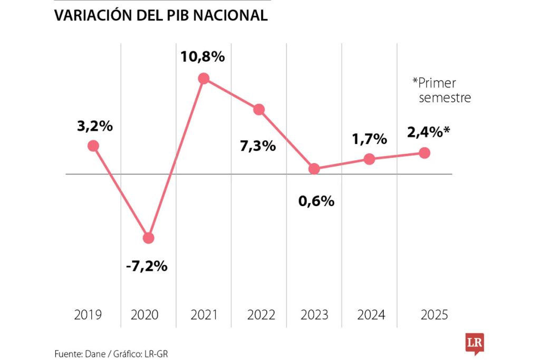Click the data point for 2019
[93, 146]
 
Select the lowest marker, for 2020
[149, 238]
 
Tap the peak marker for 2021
[204, 79]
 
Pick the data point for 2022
[259, 110]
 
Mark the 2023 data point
[314, 169]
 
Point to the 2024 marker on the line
[370, 159]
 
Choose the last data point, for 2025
[425, 153]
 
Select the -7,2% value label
[147, 266]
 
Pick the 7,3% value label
[258, 146]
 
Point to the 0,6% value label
[316, 200]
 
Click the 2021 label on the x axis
[204, 315]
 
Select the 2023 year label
[314, 315]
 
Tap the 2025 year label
[435, 315]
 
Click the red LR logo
[474, 343]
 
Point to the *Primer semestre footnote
[442, 90]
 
